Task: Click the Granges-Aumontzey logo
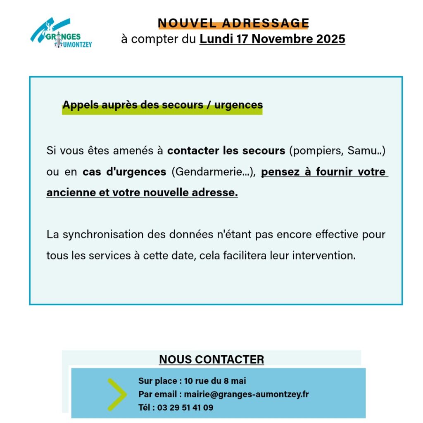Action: tap(61, 33)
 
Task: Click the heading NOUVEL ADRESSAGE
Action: tap(233, 23)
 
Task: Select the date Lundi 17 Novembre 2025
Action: tap(272, 39)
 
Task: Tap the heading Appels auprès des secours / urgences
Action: tap(162, 105)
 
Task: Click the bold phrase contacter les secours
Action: tap(226, 150)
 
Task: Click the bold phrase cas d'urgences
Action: tap(124, 172)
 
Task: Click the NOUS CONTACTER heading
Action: tap(211, 359)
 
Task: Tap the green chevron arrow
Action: tap(116, 394)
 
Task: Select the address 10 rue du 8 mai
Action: tap(215, 381)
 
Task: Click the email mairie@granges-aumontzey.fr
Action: tap(246, 394)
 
